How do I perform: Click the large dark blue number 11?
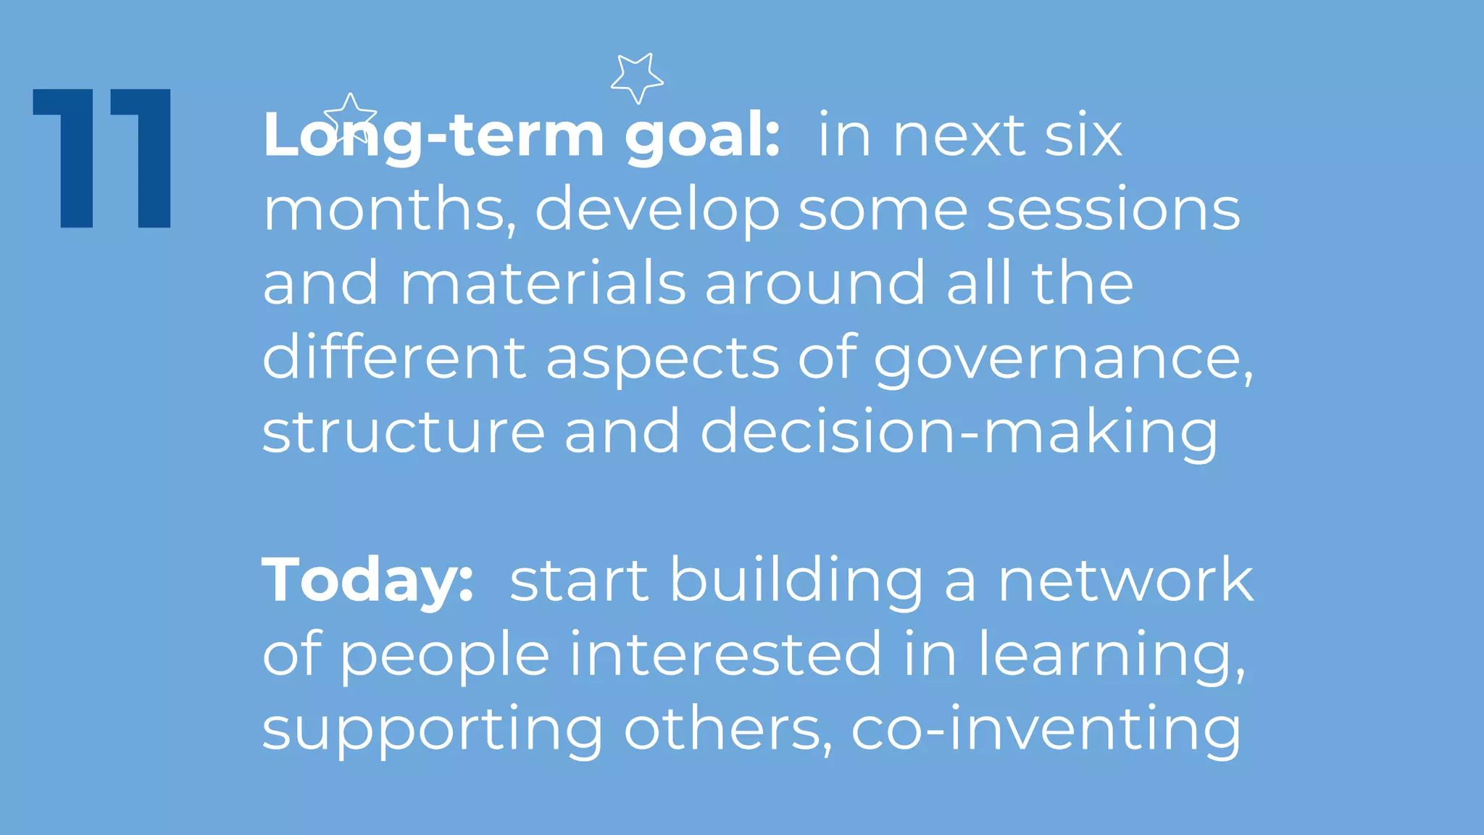tap(102, 158)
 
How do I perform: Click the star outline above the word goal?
tap(636, 78)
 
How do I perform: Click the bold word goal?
tap(702, 136)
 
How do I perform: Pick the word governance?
tap(1062, 360)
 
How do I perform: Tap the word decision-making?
tap(959, 433)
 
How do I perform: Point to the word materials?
tap(543, 283)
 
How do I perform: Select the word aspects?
tap(662, 360)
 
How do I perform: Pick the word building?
tap(796, 581)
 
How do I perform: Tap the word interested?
tap(725, 655)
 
